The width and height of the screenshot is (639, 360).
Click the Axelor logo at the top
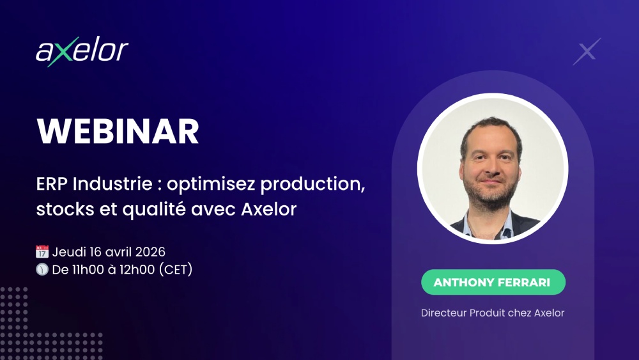coord(82,51)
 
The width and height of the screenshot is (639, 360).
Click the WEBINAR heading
coord(118,132)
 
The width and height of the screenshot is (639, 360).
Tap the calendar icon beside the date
coord(42,252)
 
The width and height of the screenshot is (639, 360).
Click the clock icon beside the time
coord(42,269)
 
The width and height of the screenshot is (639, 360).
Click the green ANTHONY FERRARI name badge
coord(493,282)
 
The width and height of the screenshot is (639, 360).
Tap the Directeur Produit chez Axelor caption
coord(493,313)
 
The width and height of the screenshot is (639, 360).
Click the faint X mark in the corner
coord(587,52)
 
